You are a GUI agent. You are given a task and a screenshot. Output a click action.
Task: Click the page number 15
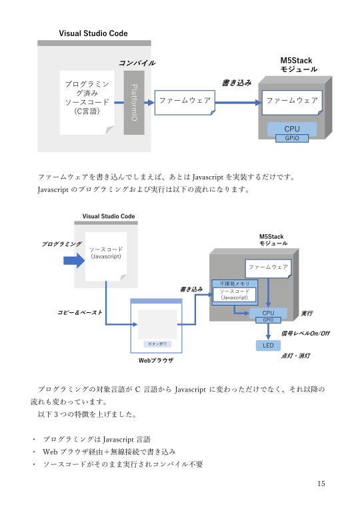[x=321, y=484]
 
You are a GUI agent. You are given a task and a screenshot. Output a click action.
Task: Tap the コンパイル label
[x=137, y=63]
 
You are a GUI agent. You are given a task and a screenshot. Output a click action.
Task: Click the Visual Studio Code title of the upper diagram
[x=93, y=33]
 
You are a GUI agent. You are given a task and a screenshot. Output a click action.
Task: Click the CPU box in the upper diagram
[x=291, y=128]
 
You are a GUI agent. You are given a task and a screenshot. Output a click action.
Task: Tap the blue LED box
[x=268, y=346]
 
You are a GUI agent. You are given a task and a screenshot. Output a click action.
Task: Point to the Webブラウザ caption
[x=155, y=360]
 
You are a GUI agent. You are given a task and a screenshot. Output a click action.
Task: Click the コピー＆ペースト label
[x=80, y=312]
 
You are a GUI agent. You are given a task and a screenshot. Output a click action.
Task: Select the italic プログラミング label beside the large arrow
[x=61, y=245]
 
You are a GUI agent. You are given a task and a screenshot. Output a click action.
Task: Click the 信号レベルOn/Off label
[x=305, y=332]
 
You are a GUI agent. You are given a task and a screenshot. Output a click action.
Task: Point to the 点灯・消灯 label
[x=295, y=356]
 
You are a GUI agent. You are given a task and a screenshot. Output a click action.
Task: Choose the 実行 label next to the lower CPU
[x=307, y=312]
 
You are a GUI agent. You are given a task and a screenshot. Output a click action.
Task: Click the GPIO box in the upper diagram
[x=291, y=138]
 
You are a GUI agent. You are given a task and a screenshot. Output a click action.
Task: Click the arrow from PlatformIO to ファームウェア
[x=149, y=102]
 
